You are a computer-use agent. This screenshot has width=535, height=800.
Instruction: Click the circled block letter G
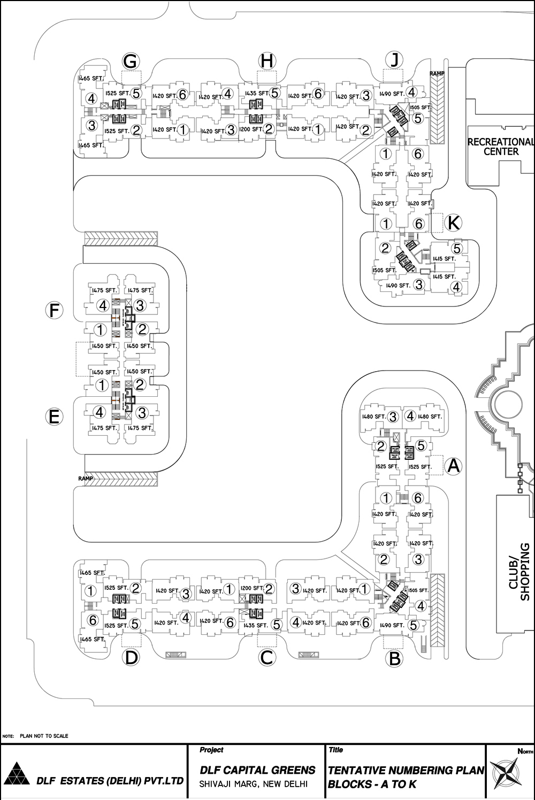click(x=130, y=61)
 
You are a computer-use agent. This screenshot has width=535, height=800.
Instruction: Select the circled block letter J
click(x=394, y=60)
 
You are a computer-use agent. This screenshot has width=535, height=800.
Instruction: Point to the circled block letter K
click(x=453, y=222)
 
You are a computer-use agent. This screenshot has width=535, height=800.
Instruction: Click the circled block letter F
click(x=53, y=310)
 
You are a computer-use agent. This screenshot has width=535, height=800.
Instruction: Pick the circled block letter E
click(x=53, y=416)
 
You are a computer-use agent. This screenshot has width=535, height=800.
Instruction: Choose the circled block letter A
click(x=453, y=466)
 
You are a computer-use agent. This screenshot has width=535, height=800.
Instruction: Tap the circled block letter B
click(x=394, y=658)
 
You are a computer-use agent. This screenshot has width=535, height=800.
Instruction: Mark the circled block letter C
click(x=266, y=657)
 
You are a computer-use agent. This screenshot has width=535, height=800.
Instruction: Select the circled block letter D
click(x=131, y=657)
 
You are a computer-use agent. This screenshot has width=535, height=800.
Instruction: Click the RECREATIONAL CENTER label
click(x=501, y=147)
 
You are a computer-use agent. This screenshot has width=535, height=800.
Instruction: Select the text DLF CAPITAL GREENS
click(x=257, y=770)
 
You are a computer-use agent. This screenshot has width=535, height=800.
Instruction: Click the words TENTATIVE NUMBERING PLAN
click(x=406, y=770)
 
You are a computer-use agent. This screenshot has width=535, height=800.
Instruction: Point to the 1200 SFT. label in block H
click(x=251, y=129)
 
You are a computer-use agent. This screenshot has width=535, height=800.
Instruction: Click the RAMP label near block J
click(x=437, y=73)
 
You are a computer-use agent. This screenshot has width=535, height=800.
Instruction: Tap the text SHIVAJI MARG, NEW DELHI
click(x=253, y=784)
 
